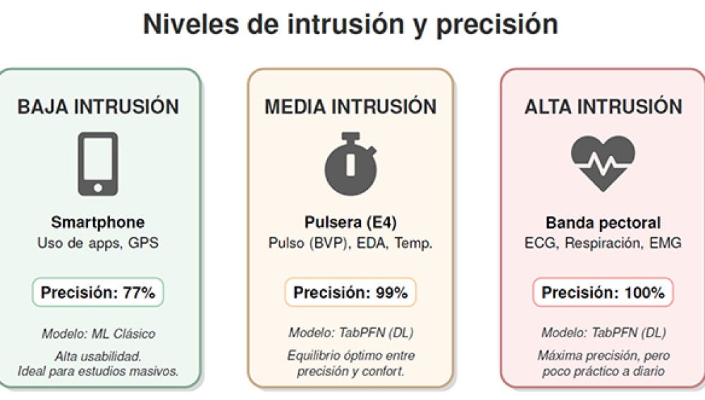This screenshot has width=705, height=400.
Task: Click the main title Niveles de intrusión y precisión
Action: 350,24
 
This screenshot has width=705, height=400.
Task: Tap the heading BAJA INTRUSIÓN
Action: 98,107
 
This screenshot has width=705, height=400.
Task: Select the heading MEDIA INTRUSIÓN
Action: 350,107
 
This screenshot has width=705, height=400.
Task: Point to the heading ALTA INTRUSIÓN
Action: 603,107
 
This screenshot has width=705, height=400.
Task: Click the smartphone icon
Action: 98,164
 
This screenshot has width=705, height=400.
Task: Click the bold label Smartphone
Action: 98,223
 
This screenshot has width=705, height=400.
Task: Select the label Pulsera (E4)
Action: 350,223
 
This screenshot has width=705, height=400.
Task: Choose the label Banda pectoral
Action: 603,223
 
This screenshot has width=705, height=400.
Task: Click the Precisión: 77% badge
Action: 98,293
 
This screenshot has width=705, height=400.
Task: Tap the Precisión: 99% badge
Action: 350,293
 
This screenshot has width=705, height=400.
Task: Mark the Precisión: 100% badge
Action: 603,293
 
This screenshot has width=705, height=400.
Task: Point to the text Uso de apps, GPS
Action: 98,243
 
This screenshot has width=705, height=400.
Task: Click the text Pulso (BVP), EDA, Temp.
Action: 350,243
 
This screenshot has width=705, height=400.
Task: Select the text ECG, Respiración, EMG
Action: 603,243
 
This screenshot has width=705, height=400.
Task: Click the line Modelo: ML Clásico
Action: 98,333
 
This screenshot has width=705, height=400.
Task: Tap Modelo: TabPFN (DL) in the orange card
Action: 350,333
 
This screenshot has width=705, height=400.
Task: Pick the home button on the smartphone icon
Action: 98,188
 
